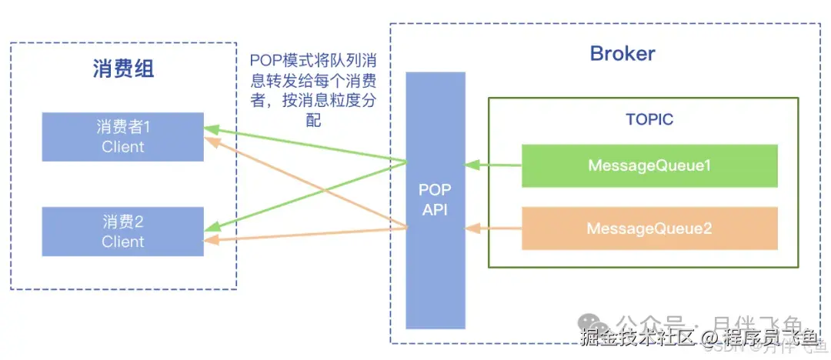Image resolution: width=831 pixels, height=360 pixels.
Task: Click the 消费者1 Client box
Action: click(x=122, y=137)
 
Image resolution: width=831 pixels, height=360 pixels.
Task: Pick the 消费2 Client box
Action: click(x=122, y=232)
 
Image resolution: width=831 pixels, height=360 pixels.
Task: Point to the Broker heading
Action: click(x=622, y=53)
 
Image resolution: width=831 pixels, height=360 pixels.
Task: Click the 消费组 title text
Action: click(x=123, y=69)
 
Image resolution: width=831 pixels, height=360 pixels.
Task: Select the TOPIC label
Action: click(x=649, y=119)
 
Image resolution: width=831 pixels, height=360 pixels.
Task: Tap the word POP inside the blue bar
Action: click(x=435, y=191)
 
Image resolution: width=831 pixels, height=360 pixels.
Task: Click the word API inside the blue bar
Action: click(x=435, y=209)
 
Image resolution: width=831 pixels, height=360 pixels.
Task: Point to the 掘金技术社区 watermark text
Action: click(x=638, y=336)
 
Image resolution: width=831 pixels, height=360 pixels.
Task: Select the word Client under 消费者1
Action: click(x=122, y=146)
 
